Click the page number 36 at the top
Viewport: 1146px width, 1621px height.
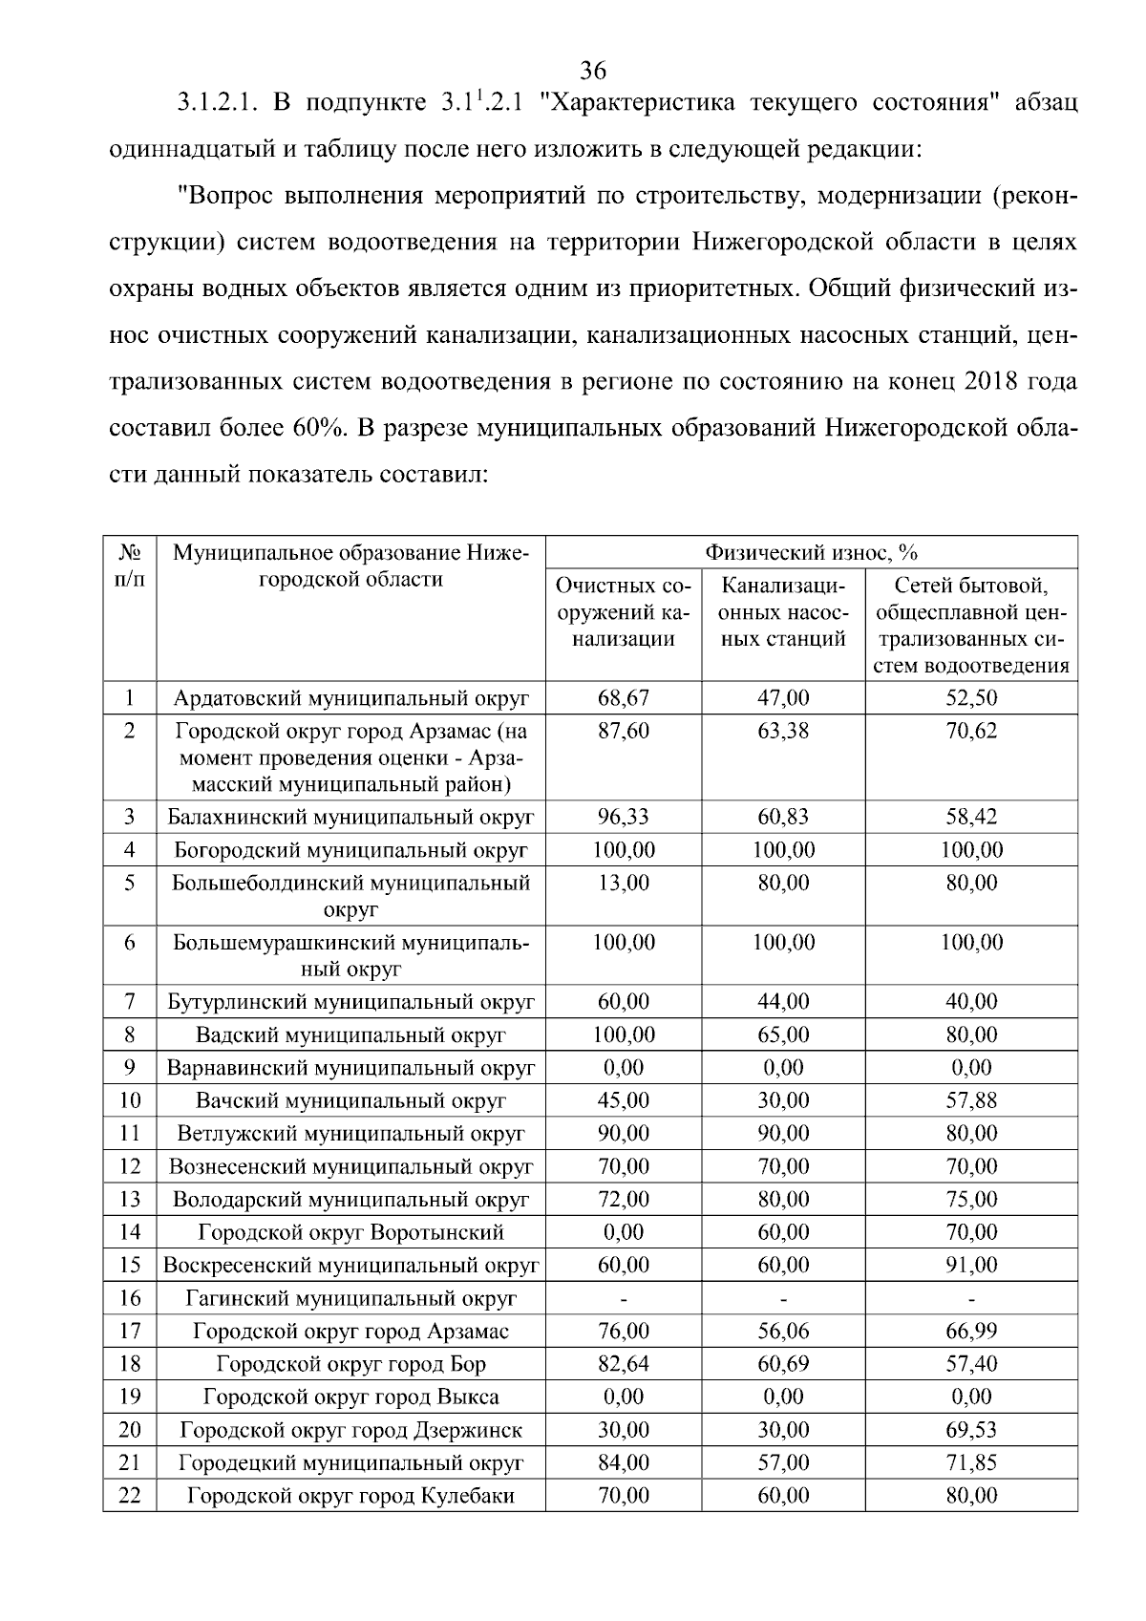592,71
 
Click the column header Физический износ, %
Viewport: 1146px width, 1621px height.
811,552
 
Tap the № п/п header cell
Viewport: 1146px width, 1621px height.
130,565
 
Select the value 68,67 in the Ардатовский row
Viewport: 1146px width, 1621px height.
623,698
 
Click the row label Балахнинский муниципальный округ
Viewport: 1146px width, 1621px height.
350,818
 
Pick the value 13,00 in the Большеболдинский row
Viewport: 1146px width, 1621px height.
623,883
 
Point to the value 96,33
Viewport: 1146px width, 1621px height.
623,818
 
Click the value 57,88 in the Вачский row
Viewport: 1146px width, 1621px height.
971,1100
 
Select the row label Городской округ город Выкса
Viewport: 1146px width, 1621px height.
350,1397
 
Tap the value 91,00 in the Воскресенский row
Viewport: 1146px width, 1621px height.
971,1265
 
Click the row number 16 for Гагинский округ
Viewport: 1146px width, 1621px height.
130,1298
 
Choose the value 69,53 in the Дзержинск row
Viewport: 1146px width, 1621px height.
971,1430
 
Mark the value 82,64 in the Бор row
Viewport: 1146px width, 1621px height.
623,1364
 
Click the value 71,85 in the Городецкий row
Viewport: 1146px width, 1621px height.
971,1462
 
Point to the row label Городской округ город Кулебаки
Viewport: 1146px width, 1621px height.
350,1496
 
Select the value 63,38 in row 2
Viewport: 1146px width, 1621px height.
783,732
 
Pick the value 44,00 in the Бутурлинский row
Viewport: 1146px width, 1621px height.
783,1002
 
